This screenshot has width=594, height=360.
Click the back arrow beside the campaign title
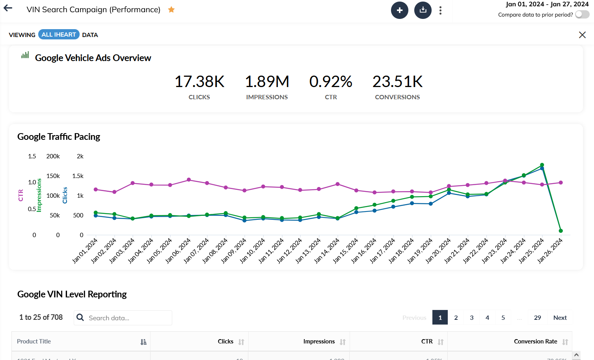(8, 8)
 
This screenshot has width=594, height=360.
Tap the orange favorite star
(171, 9)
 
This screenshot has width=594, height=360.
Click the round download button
(423, 10)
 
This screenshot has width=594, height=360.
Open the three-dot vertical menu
(440, 10)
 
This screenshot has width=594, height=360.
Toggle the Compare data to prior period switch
(582, 15)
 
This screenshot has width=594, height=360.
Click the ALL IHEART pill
(59, 35)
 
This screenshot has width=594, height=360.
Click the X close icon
(582, 35)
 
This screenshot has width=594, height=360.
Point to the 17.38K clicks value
(199, 82)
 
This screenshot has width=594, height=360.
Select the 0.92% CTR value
(331, 82)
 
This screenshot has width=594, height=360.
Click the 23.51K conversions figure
(397, 82)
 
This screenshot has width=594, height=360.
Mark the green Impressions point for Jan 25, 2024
(542, 165)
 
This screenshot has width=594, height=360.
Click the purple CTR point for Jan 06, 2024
(189, 180)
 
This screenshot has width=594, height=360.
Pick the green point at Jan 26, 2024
(560, 231)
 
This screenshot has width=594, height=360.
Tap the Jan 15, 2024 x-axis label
(346, 251)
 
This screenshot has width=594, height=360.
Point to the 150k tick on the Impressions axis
(53, 176)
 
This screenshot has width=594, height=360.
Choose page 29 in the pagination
(537, 317)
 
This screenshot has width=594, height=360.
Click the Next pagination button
(560, 317)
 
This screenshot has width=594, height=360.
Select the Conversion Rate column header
(535, 341)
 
